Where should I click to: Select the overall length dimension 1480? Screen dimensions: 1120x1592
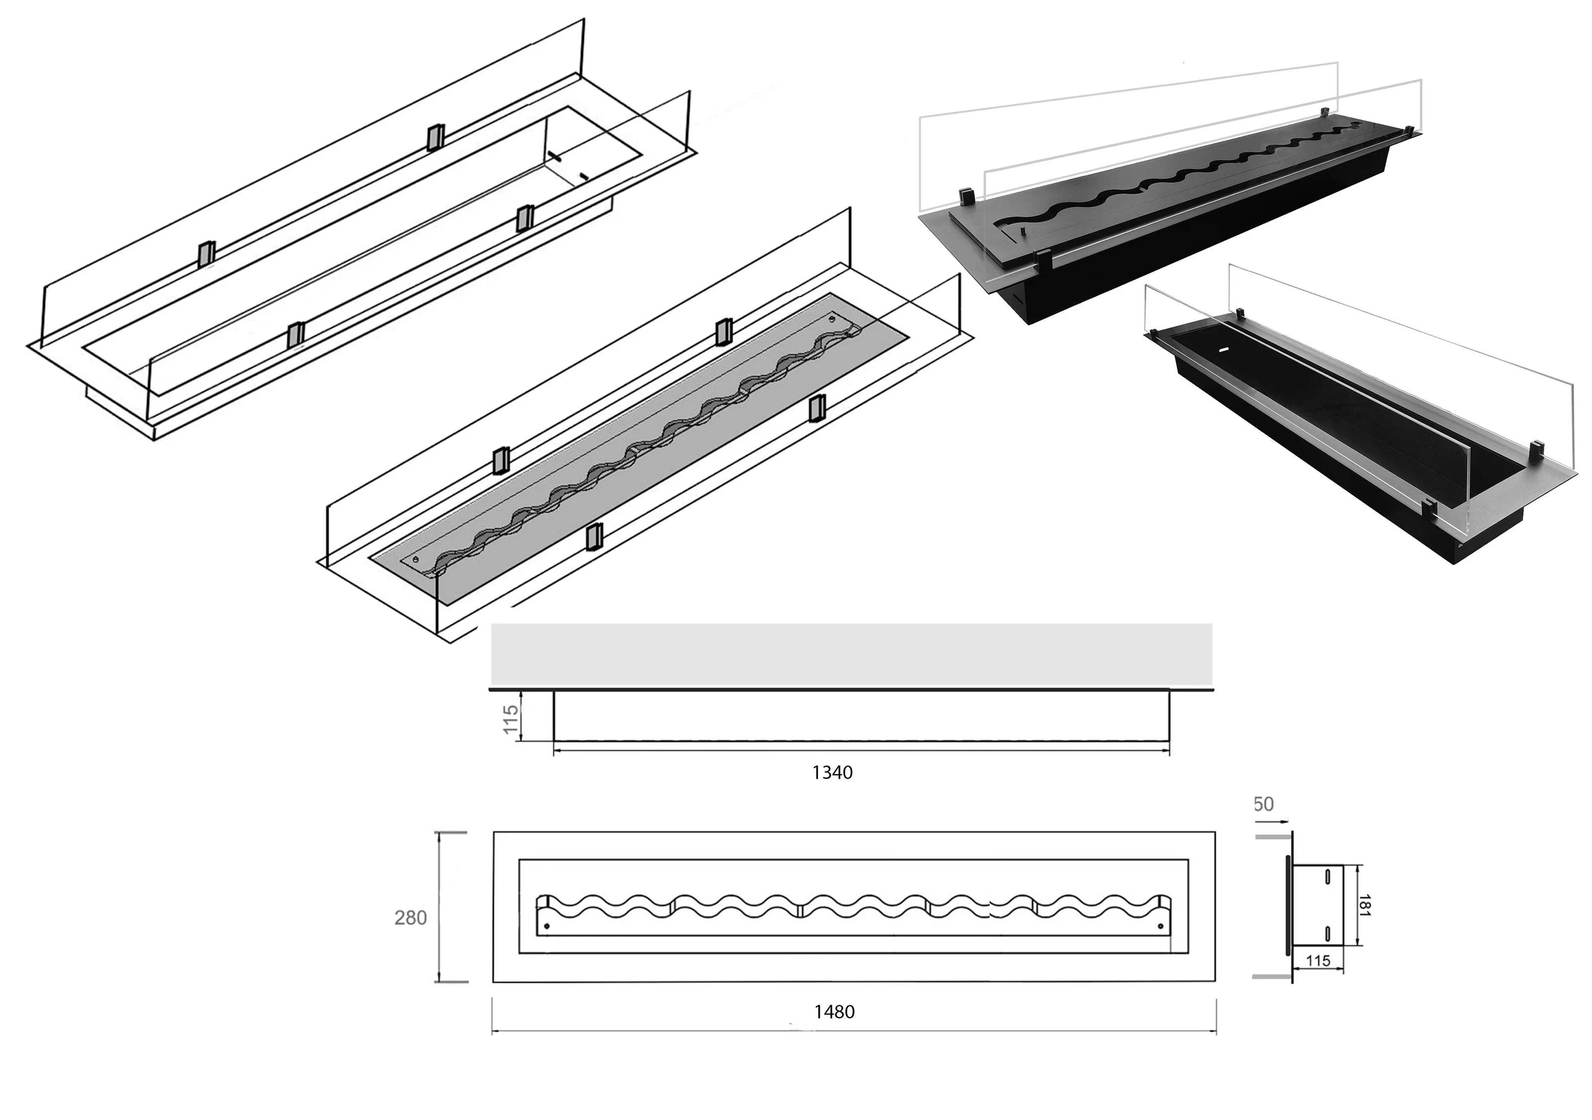click(834, 1012)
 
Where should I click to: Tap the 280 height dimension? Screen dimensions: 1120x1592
click(410, 917)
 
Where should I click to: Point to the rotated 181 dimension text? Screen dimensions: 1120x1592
click(1364, 906)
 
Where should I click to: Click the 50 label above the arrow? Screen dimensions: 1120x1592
click(1263, 805)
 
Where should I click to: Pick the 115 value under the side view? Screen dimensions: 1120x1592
click(1317, 960)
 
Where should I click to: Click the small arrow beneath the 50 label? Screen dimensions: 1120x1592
click(1272, 821)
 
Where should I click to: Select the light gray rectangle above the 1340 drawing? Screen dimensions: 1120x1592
click(851, 654)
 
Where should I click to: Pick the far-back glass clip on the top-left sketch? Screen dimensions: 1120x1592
click(435, 137)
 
